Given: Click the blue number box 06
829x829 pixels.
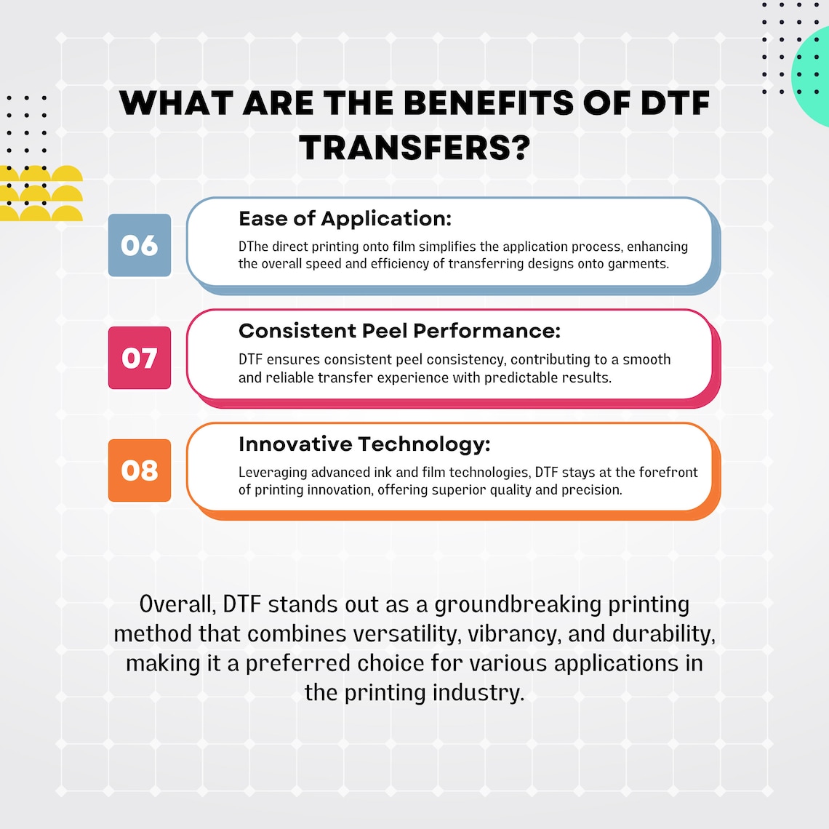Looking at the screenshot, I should tap(140, 245).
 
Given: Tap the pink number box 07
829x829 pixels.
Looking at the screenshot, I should tap(140, 358).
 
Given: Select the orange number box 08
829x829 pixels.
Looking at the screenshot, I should tap(140, 470).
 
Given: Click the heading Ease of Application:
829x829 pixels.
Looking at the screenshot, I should tap(345, 219).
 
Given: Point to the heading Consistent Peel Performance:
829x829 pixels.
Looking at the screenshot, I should tap(399, 332).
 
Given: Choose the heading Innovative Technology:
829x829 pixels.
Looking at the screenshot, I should tap(364, 444).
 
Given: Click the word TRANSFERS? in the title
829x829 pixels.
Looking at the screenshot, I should tap(414, 148).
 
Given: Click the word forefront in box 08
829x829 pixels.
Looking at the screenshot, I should tap(666, 473).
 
